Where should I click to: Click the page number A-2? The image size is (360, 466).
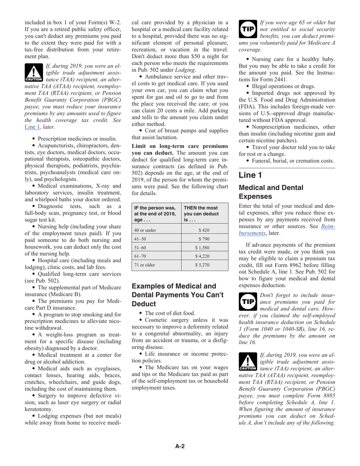coord(180,446)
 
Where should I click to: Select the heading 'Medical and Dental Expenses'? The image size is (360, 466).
coord(271,192)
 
